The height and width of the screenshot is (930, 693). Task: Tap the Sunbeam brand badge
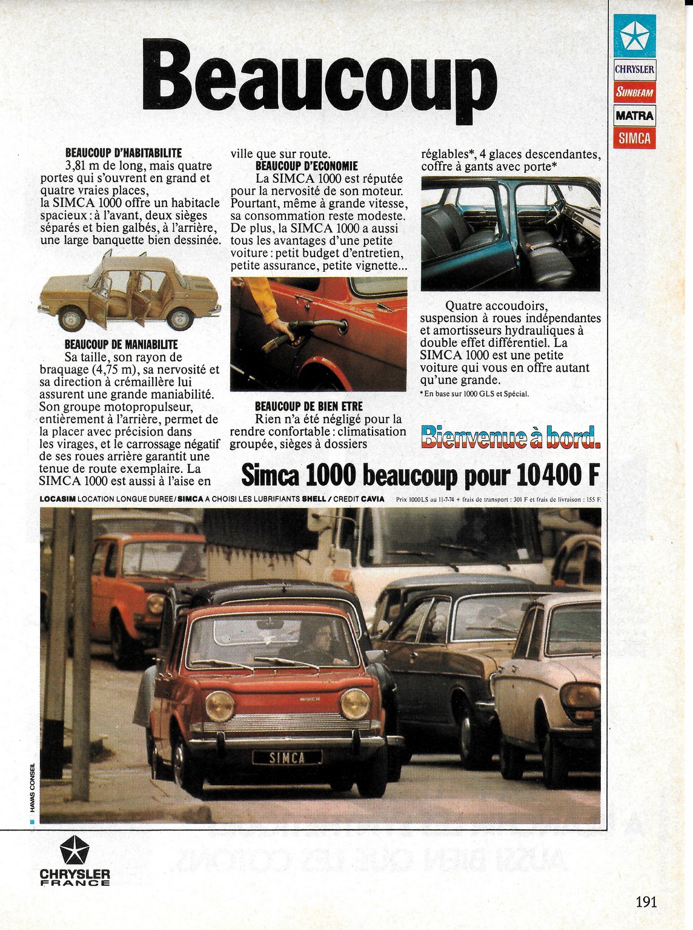634,92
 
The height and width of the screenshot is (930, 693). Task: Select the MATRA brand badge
634,115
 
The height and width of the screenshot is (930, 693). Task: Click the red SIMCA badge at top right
634,138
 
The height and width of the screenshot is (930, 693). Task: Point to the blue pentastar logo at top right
634,36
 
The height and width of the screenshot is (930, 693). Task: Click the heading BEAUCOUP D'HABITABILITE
123,153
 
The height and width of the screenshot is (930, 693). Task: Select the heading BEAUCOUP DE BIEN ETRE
309,406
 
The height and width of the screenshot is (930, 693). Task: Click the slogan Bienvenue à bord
510,438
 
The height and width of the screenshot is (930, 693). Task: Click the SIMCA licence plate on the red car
287,757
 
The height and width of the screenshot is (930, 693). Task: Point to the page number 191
646,902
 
